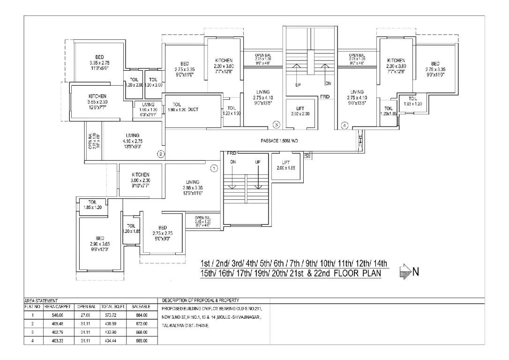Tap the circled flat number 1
pos(214,167)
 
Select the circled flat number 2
pos(160,153)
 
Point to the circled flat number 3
pos(277,125)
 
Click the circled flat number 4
pos(345,125)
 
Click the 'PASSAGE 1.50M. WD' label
pos(279,141)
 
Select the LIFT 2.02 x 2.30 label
pos(300,111)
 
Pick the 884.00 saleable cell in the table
pos(141,315)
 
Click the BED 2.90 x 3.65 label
pos(99,244)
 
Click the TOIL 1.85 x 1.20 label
pos(92,205)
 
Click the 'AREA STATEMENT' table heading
pos(41,300)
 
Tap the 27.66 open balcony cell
pos(86,315)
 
